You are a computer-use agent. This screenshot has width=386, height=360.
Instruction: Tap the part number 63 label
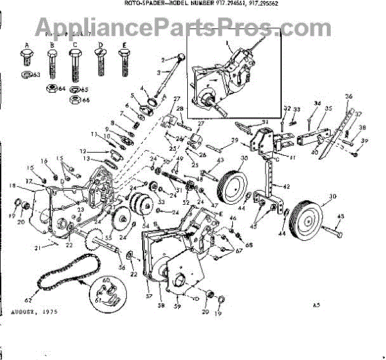click(x=37, y=75)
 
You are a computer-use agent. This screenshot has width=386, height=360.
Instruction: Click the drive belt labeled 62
click(x=64, y=274)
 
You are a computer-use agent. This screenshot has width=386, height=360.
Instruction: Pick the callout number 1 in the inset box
click(x=227, y=42)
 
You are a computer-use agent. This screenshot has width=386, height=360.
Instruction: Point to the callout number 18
click(x=12, y=185)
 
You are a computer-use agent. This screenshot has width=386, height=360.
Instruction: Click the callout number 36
click(x=349, y=97)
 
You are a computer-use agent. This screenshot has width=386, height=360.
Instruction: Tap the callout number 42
click(x=287, y=186)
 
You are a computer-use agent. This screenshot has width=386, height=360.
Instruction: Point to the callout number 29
click(x=235, y=141)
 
